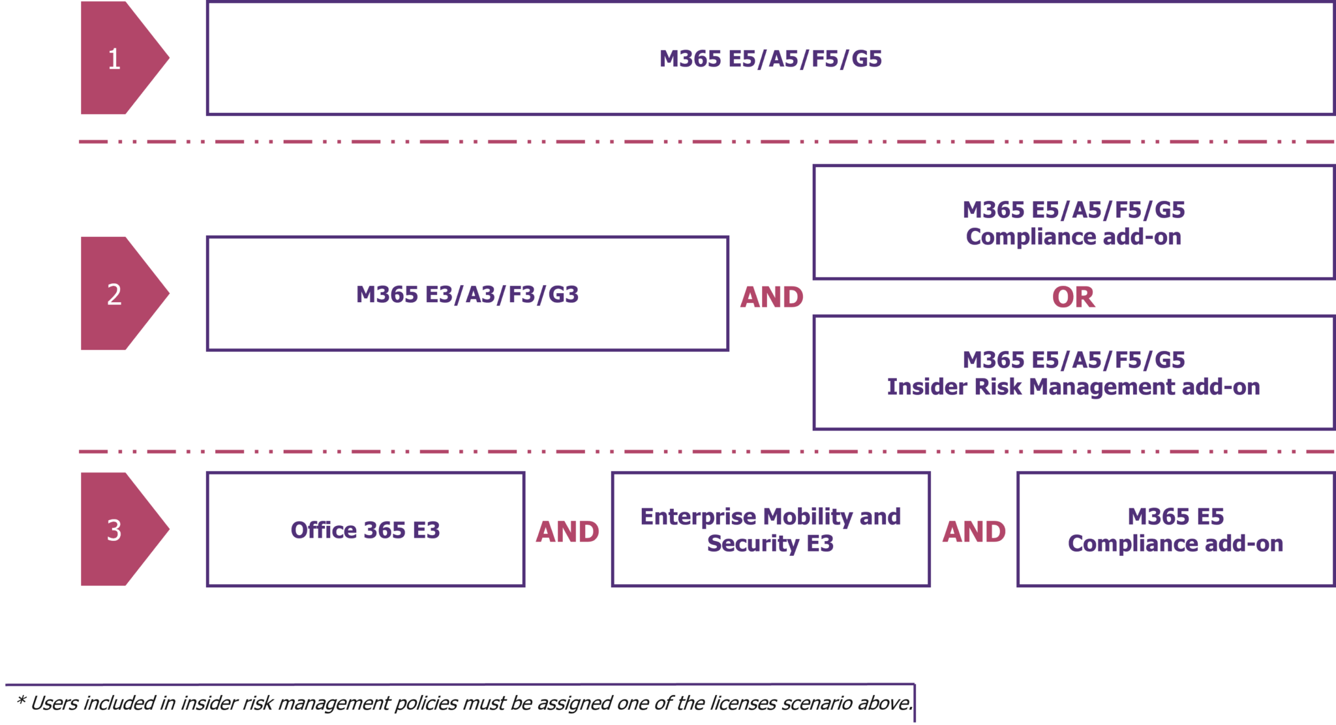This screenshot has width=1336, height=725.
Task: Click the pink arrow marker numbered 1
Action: [117, 59]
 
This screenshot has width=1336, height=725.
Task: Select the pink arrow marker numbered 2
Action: [117, 294]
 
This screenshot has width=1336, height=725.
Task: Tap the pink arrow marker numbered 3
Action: [117, 529]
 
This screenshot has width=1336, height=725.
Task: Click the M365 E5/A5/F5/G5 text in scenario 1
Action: [770, 59]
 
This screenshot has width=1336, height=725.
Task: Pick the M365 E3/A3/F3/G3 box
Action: [467, 294]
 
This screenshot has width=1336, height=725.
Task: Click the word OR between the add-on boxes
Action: [1073, 298]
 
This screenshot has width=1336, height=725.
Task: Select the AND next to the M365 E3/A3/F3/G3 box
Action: [771, 298]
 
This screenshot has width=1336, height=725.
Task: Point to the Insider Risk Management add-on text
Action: [1073, 387]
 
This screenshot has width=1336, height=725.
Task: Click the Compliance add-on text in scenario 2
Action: [1073, 237]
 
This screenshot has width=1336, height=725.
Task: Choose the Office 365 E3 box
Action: [365, 530]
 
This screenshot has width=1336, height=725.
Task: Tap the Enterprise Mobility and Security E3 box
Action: [770, 530]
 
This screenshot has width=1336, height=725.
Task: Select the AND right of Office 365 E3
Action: [568, 532]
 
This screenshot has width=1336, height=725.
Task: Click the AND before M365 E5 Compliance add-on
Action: [973, 532]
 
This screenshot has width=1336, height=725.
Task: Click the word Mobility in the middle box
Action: [808, 517]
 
